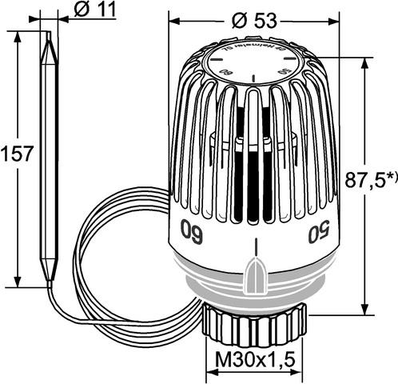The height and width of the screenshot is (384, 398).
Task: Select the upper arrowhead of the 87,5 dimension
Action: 364,64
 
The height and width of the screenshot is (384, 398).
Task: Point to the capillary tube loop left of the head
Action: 88,240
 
